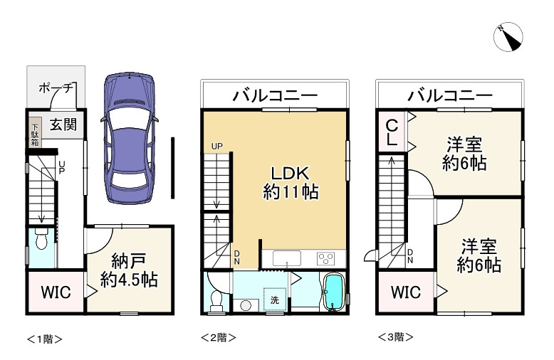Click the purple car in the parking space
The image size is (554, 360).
129,138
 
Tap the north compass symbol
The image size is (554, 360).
508,37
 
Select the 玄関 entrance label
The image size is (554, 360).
63,125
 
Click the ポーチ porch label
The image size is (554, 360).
56,88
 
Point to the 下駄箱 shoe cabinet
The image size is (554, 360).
35,132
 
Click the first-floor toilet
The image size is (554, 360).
42,238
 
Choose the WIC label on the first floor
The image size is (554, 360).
56,292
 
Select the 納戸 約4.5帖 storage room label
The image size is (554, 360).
129,270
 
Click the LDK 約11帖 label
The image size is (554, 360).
291,183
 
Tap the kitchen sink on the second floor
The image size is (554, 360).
286,258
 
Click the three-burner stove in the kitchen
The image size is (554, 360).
326,259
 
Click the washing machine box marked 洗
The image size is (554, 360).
275,300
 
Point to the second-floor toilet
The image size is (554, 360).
216,301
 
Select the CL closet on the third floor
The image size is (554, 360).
392,132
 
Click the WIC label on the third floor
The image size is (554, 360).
406,292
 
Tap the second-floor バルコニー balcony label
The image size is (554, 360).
275,95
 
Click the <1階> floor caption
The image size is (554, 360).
45,339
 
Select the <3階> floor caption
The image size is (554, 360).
395,337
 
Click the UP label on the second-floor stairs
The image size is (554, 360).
216,146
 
